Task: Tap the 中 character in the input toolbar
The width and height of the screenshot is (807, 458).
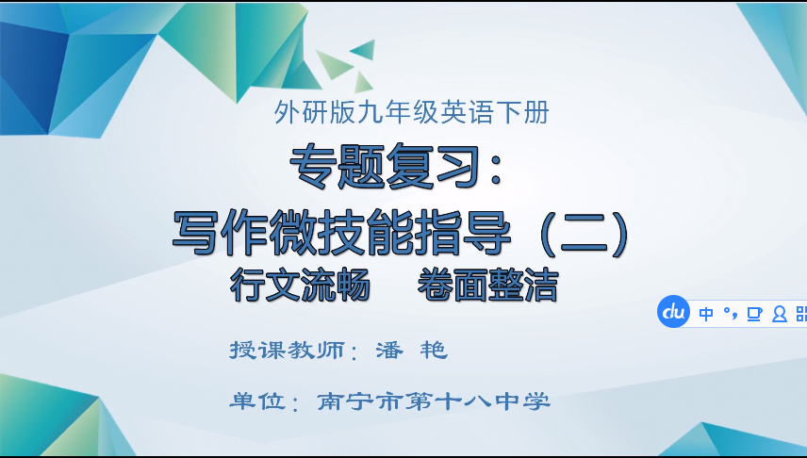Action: click(706, 314)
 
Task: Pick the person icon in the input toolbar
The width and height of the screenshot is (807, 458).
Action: click(779, 314)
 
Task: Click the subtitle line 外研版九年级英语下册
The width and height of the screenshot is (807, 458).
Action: click(411, 113)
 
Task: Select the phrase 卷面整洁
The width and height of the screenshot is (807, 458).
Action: click(487, 285)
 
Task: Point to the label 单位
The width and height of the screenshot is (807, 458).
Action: click(257, 401)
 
